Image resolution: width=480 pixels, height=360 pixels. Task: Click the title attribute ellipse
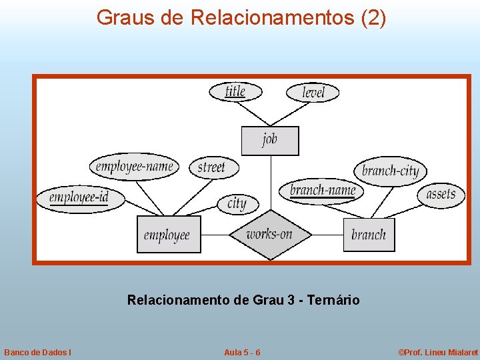click(235, 91)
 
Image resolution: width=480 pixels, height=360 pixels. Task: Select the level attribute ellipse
click(313, 92)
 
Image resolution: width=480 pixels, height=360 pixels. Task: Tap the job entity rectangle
click(269, 140)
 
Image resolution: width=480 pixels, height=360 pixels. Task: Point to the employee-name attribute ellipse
click(134, 166)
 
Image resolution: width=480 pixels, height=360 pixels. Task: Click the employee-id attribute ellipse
click(80, 197)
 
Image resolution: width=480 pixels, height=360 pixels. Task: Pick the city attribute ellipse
click(237, 203)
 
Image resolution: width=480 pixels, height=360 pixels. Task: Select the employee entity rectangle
click(168, 235)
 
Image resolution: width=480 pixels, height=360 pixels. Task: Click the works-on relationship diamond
click(269, 234)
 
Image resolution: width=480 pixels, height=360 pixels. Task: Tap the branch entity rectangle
click(369, 235)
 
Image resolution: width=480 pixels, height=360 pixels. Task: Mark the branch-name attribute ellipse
click(323, 191)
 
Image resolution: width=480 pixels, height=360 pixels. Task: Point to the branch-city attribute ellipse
click(391, 171)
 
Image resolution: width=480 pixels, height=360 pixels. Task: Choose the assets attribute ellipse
click(441, 194)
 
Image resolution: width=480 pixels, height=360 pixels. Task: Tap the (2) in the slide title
click(373, 18)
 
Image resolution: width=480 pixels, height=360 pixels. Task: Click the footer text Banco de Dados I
click(38, 352)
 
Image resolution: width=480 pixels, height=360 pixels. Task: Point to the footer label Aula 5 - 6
click(242, 352)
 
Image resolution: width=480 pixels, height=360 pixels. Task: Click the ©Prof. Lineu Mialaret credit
click(438, 352)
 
